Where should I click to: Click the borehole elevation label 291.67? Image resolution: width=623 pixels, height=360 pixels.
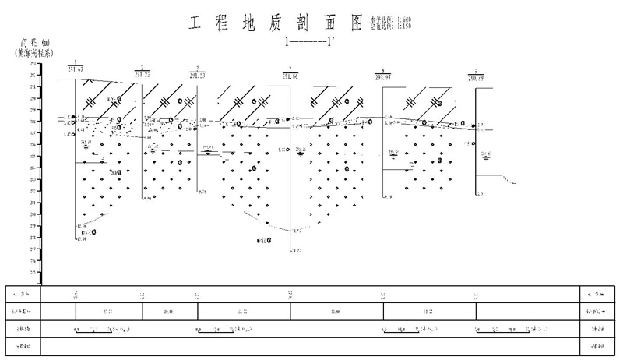tap(76, 69)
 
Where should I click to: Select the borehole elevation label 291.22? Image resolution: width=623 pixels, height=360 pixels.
tap(143, 73)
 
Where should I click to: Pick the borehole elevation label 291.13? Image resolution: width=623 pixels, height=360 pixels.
tap(198, 74)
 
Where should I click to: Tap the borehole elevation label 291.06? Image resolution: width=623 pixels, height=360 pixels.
tap(290, 75)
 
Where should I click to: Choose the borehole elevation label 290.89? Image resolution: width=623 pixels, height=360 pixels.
tap(477, 77)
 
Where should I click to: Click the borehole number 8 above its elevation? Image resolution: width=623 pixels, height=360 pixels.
tap(383, 71)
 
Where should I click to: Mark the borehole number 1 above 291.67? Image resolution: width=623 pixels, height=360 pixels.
tap(75, 62)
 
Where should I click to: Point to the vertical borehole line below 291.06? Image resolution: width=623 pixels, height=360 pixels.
tap(290, 171)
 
